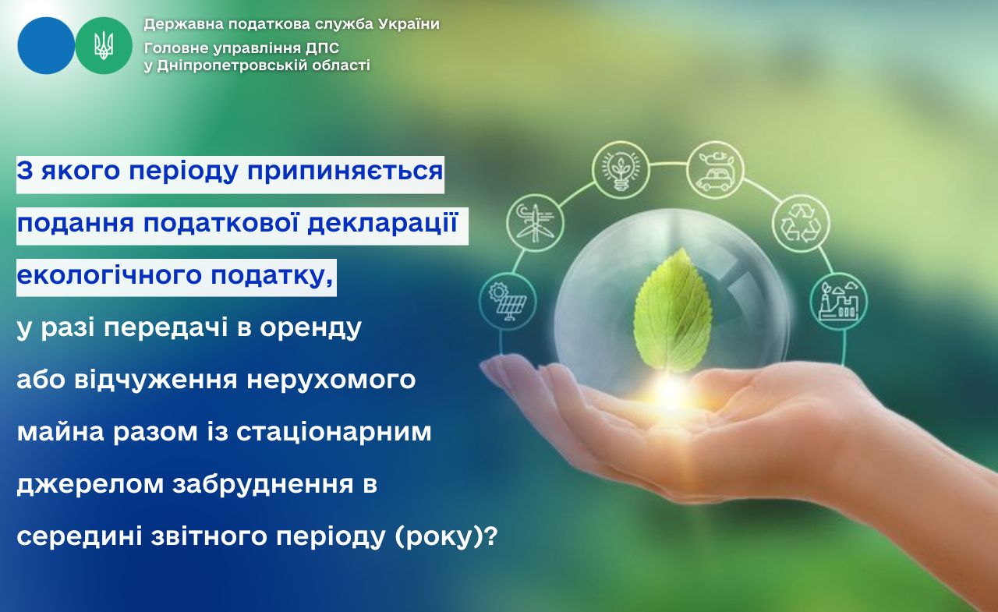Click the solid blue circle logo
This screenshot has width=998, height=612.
pos(46,45)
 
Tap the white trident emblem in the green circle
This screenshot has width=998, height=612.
pos(104,45)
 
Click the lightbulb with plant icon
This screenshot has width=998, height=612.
pos(621,170)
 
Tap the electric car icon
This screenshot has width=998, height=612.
pos(715,170)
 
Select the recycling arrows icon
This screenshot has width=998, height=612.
pos(801,223)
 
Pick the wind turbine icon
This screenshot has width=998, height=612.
pos(535,222)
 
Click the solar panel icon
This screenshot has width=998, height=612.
pos(508,302)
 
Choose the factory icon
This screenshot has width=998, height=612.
pos(838,302)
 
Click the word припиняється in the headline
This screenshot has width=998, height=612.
pos(345,172)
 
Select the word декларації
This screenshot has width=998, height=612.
pos(383,222)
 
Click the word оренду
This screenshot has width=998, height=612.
pos(311,327)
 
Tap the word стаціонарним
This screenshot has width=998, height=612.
pos(334,432)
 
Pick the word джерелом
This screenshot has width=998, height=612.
pos(90,485)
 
